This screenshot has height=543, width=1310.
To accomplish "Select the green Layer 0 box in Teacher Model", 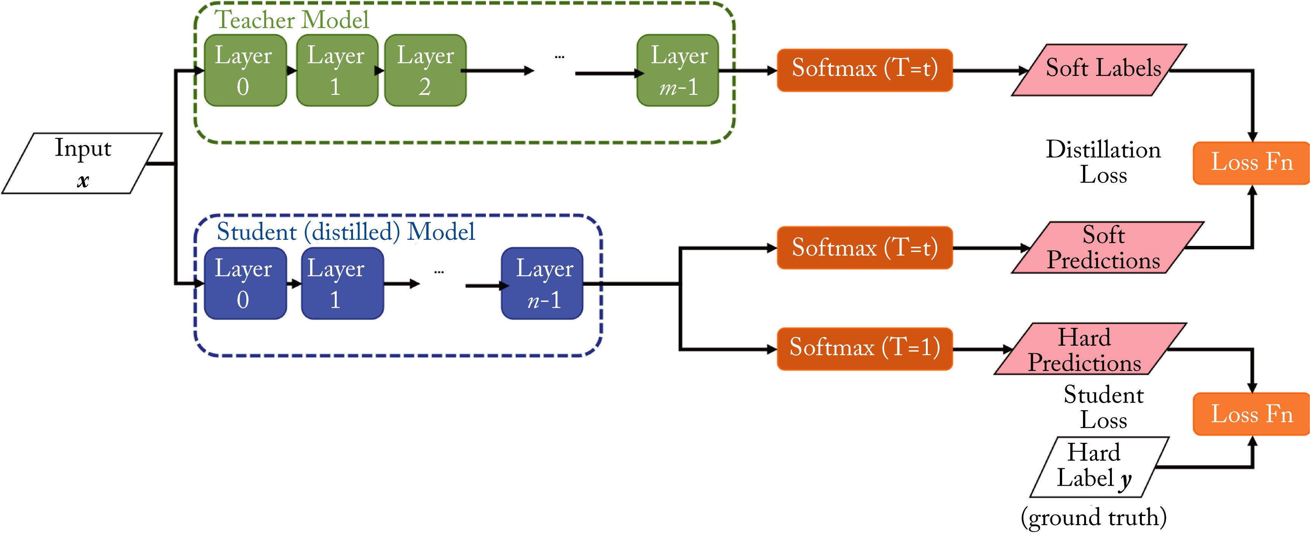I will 244,70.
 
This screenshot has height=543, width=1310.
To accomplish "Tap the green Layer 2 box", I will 425,70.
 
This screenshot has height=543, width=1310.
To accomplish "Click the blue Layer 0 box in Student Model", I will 244,283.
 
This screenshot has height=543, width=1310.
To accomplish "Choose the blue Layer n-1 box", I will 542,283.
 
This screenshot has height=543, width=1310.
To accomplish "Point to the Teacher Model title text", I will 292,20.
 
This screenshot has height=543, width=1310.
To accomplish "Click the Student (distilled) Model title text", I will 346,232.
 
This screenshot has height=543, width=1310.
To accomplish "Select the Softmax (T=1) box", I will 864,349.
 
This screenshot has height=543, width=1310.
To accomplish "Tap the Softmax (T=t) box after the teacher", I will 864,70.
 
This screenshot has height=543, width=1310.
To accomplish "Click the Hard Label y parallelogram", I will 1099,467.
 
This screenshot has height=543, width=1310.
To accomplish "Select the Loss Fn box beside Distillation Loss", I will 1251,163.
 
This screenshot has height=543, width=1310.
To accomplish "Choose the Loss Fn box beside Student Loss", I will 1251,414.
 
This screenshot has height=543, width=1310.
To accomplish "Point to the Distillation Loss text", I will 1103,162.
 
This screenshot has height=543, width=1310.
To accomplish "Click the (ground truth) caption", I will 1093,518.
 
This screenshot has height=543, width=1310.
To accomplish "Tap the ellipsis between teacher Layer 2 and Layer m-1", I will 560,57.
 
